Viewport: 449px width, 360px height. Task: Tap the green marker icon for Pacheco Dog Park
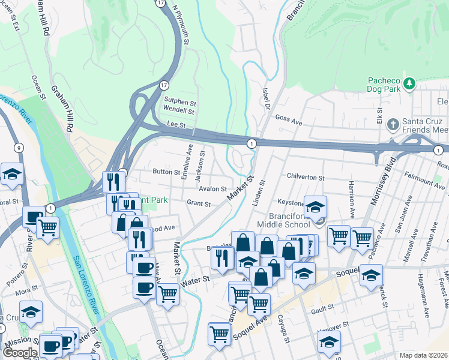(409, 83)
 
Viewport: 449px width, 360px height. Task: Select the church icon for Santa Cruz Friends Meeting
(393, 125)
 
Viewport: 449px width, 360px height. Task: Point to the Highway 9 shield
(20, 148)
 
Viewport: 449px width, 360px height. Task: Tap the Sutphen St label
(180, 103)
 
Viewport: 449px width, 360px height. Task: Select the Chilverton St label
(305, 178)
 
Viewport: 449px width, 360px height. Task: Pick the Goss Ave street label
(288, 119)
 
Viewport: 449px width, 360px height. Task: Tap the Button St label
(166, 172)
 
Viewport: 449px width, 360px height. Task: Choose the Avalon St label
(212, 188)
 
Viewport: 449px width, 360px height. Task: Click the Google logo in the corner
(20, 353)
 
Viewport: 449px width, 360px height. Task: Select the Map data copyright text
(424, 355)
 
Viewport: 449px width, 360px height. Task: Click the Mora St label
(27, 291)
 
